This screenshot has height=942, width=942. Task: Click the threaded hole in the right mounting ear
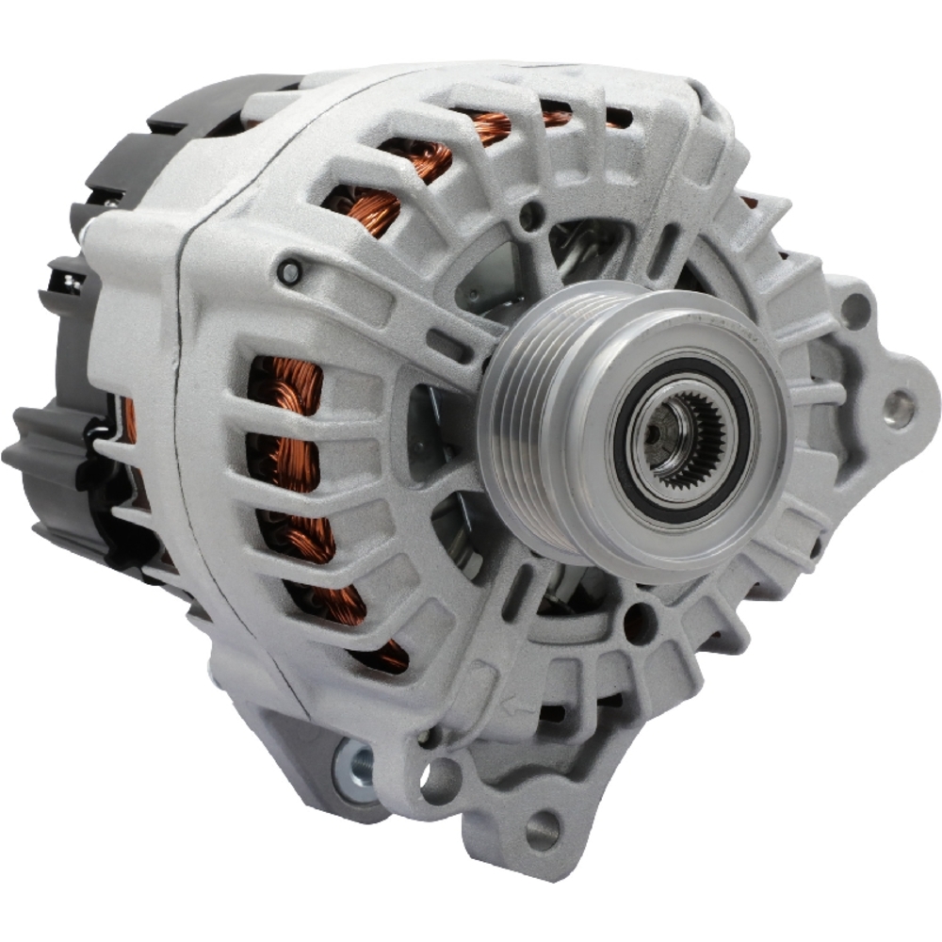tap(899, 407)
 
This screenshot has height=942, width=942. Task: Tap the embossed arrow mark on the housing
tap(516, 704)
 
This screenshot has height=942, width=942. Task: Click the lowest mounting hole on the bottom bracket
tap(543, 829)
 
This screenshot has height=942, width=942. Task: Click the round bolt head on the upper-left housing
tap(290, 272)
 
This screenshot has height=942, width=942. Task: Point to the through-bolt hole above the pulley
tap(532, 216)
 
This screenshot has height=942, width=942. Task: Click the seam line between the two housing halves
tap(203, 471)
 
